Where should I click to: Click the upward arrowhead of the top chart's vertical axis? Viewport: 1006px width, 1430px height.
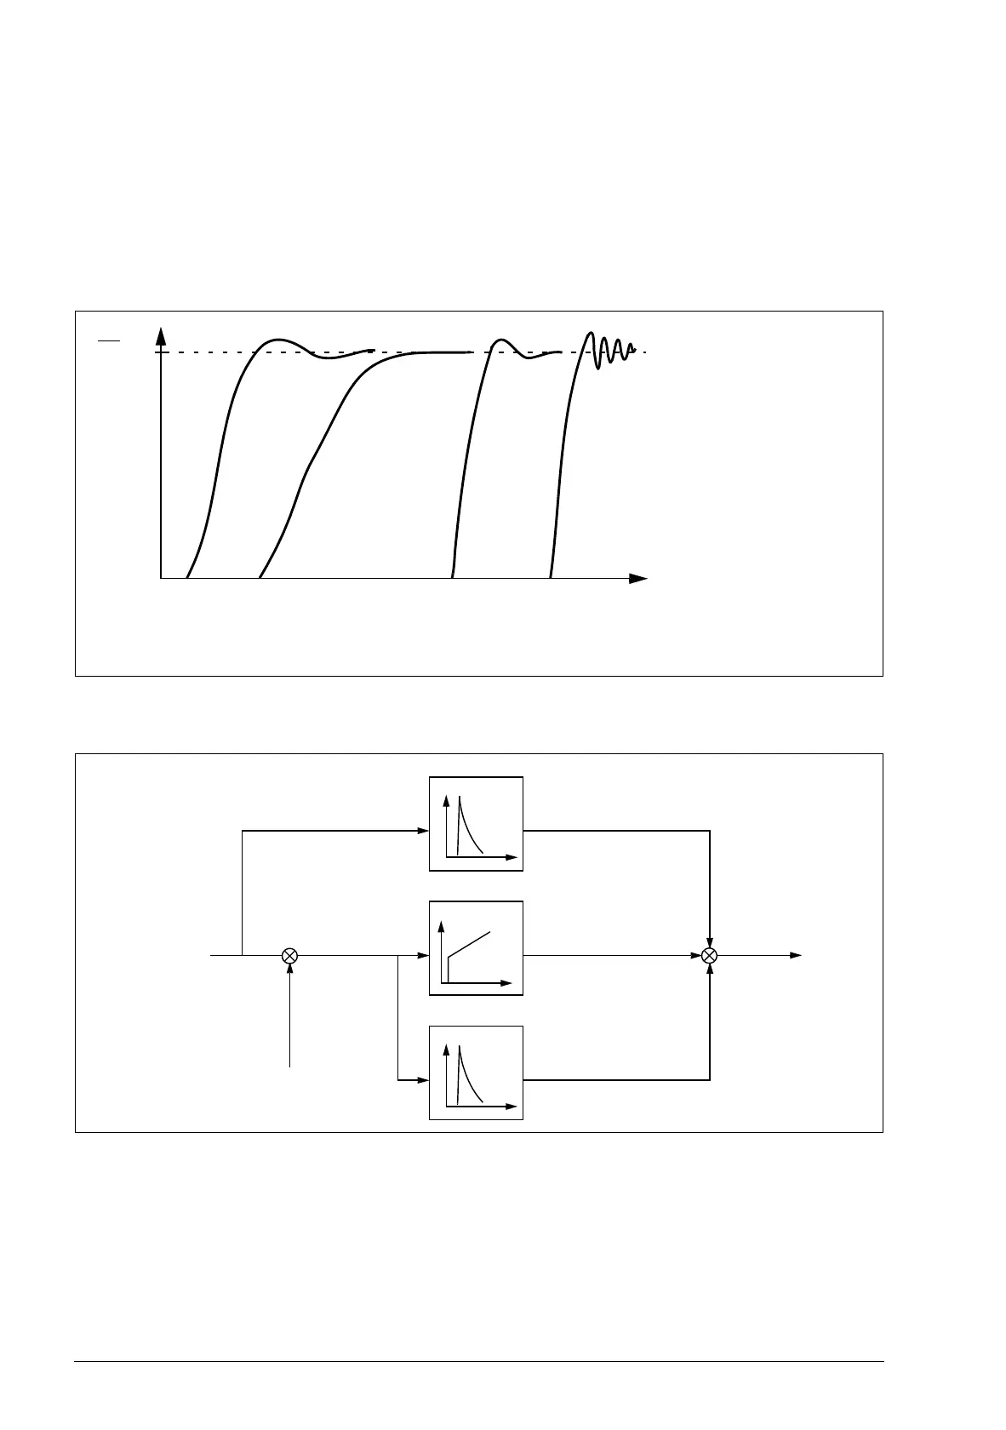pos(161,335)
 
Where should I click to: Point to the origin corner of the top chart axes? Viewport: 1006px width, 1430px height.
pos(161,578)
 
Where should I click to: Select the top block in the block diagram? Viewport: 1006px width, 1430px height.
pos(476,823)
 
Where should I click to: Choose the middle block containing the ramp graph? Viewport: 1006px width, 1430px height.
pos(476,947)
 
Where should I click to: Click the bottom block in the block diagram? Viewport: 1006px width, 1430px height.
pos(476,1072)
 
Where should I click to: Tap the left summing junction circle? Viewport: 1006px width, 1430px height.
pos(289,955)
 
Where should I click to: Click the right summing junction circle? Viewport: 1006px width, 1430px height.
pos(710,955)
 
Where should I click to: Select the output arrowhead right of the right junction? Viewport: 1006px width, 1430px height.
pos(796,955)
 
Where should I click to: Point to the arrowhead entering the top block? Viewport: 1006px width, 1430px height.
pos(423,831)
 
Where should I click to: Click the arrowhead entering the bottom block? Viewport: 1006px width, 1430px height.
pos(423,1080)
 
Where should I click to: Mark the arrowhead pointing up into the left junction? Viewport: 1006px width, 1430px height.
pos(289,970)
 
